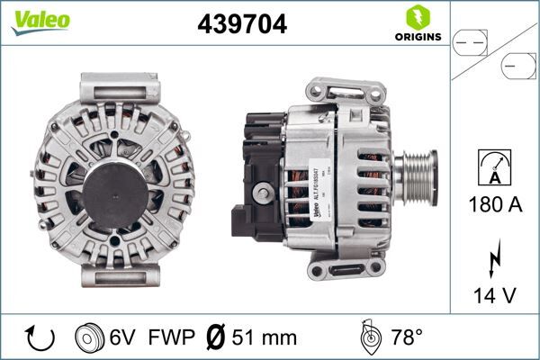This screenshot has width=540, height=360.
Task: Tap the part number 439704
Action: (242, 25)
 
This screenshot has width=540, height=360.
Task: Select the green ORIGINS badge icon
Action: (416, 16)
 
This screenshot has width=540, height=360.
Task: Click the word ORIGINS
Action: (417, 37)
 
